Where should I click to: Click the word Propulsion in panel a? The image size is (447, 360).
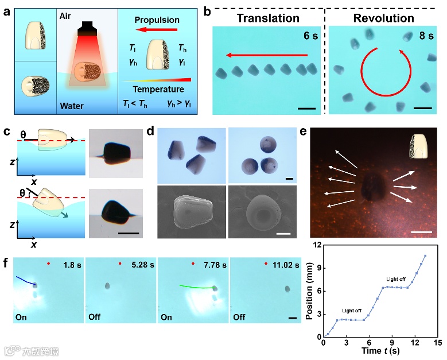click(157, 20)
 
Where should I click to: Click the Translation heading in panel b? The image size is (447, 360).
click(269, 17)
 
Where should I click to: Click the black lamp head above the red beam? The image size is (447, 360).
click(88, 27)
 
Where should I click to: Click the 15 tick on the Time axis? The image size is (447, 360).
click(438, 343)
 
